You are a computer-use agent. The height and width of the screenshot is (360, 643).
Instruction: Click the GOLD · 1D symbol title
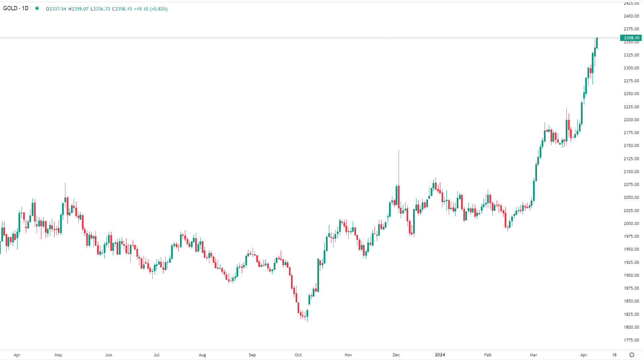tap(16, 8)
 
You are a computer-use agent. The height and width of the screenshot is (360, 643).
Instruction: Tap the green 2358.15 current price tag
tap(631, 38)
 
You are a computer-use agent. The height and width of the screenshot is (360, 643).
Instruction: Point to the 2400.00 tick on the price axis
tap(631, 16)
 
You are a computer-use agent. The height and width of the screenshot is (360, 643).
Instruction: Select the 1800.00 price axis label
tap(631, 327)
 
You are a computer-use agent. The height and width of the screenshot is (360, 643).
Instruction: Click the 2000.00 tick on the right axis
tap(631, 224)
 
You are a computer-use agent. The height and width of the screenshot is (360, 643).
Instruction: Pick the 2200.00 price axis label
tap(631, 120)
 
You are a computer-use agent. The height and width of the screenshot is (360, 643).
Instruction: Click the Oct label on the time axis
tap(298, 355)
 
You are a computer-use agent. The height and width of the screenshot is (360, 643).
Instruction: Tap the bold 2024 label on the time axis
tap(440, 355)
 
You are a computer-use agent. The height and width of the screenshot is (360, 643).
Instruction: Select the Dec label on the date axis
tap(396, 355)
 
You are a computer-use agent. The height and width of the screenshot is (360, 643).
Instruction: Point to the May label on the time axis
tap(58, 355)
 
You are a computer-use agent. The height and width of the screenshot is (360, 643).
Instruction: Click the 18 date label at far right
tap(614, 355)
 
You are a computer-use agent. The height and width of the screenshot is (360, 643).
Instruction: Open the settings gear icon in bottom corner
tap(632, 355)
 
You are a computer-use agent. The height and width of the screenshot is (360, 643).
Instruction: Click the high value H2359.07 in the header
tap(79, 9)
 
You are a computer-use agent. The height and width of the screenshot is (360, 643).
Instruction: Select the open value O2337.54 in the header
tap(56, 9)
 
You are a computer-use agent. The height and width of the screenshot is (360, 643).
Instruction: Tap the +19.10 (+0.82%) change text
tap(151, 9)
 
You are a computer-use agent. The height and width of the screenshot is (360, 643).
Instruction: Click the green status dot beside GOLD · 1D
tap(37, 8)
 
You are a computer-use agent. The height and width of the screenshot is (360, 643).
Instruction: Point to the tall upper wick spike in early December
tap(399, 165)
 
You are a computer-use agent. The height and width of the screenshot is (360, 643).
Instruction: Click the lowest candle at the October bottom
tap(307, 315)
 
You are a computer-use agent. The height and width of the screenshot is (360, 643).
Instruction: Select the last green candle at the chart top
tap(597, 43)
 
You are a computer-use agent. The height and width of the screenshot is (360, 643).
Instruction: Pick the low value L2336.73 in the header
tap(100, 9)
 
